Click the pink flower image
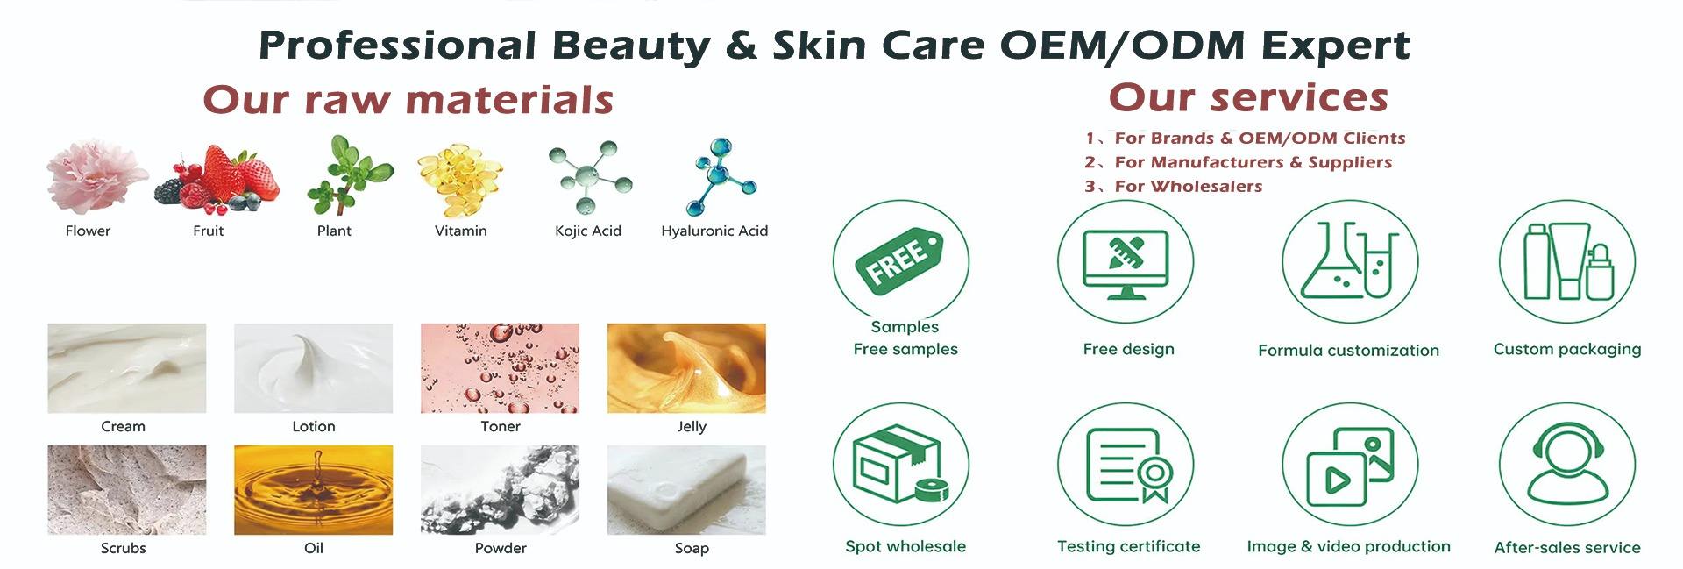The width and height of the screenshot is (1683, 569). (96, 176)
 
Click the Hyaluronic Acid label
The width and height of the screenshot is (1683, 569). (714, 231)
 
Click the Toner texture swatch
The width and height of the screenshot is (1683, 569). (500, 368)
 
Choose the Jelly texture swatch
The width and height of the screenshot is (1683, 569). (686, 368)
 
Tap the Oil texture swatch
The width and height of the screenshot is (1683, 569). (313, 489)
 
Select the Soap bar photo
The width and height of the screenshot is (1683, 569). (686, 489)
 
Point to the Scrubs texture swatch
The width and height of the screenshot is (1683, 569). (126, 489)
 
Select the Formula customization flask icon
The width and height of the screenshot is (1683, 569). (1349, 260)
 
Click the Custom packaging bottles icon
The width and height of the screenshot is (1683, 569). (1567, 260)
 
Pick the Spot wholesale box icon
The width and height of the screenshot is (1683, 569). (899, 465)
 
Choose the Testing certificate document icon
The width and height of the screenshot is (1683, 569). (1129, 465)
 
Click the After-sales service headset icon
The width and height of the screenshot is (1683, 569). (1567, 465)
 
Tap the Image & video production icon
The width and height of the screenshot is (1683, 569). (1350, 466)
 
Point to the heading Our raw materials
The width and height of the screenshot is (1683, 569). (408, 99)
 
